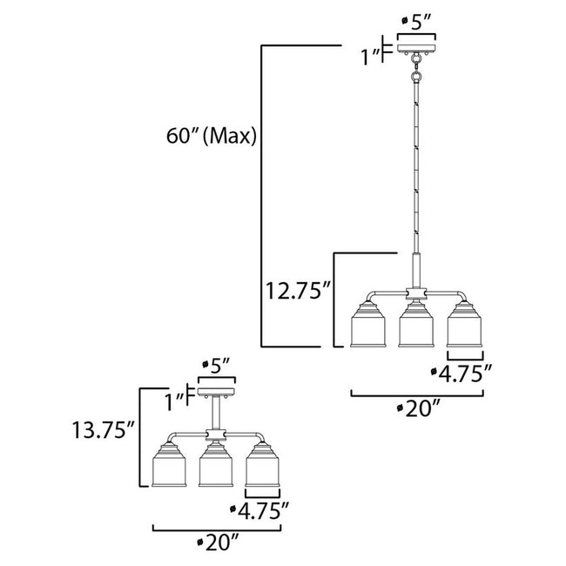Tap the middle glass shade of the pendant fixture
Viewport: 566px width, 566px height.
coord(415,325)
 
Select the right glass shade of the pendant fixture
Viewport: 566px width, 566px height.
coord(464,325)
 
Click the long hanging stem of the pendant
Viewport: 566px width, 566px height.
coord(415,165)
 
